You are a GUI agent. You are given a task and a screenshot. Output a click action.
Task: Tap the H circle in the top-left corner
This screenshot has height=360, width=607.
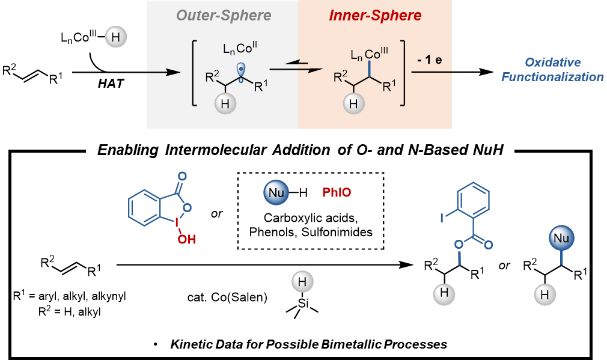pos(116,38)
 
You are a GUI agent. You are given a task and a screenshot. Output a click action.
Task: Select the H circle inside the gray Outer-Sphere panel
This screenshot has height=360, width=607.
pos(225,103)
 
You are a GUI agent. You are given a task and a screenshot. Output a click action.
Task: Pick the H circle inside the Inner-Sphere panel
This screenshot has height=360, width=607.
pos(354,103)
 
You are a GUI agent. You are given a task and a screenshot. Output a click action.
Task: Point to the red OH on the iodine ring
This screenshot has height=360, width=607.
pos(186,240)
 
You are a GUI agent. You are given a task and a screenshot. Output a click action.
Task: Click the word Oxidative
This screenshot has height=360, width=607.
pos(553,63)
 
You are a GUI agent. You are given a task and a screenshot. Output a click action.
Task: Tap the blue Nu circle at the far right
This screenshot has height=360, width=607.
pos(561,239)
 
